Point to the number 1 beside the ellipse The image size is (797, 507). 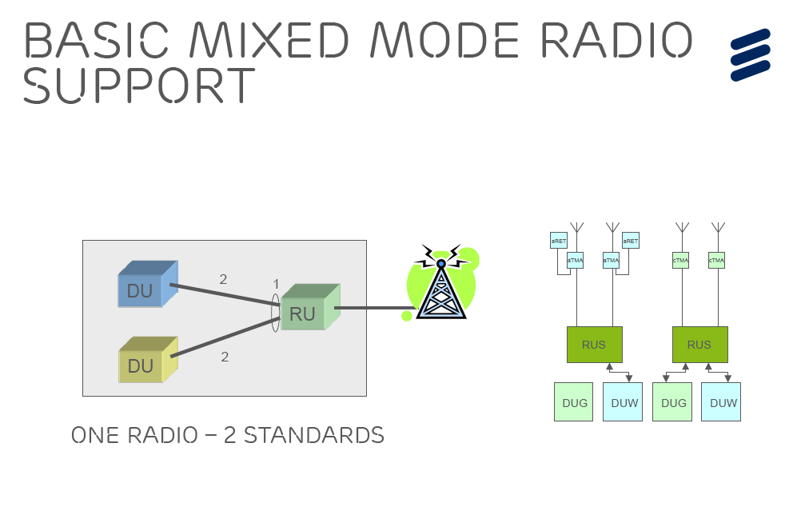[276, 284]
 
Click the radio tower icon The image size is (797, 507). [440, 287]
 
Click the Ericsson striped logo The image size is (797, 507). [750, 54]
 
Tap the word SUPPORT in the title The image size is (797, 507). [139, 85]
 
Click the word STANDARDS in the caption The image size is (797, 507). [313, 436]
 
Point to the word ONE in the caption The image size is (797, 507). [95, 436]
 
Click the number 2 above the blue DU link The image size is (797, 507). [224, 279]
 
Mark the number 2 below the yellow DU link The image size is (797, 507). [225, 357]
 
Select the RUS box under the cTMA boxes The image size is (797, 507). [699, 345]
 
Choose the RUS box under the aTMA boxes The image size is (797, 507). [594, 345]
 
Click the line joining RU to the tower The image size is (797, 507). [376, 308]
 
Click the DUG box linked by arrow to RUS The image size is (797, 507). [674, 402]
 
